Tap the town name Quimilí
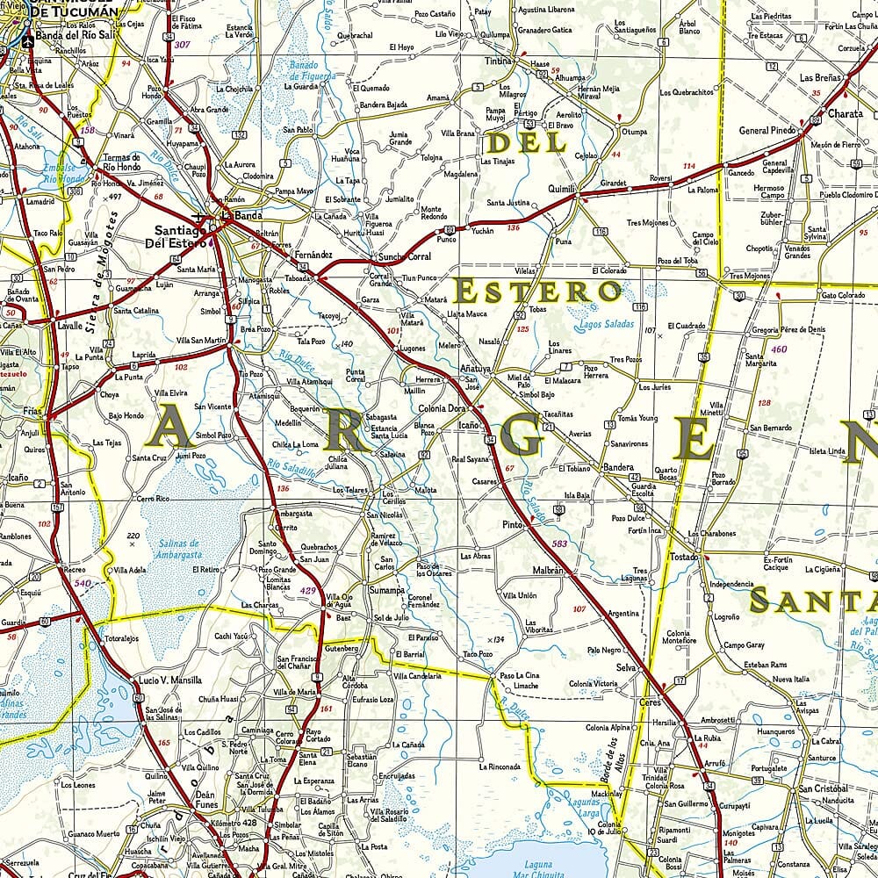coord(561,189)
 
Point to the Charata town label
coord(845,113)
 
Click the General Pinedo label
coord(766,131)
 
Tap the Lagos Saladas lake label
coord(607,324)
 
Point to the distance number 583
coord(559,545)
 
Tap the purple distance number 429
coord(307,590)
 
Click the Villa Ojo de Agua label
coord(340,601)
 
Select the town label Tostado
coord(685,558)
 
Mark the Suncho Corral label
coord(405,257)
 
